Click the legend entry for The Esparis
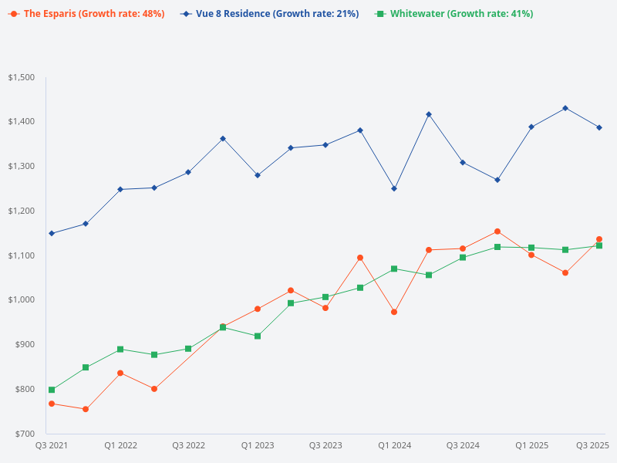tap(87, 14)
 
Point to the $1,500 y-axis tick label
tap(21, 77)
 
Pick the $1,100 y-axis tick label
tap(21, 255)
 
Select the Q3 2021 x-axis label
tap(52, 445)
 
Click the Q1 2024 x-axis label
tap(394, 445)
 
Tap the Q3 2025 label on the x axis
tap(593, 445)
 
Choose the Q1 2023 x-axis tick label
tap(258, 445)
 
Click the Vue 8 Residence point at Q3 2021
tap(52, 233)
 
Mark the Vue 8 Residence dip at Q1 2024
tap(394, 188)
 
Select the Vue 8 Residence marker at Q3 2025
tap(599, 127)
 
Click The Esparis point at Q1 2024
tap(394, 312)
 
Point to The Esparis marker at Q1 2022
tap(120, 373)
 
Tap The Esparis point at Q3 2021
tap(52, 404)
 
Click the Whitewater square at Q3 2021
tap(52, 390)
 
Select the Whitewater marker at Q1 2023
tap(258, 336)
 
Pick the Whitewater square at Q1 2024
tap(394, 269)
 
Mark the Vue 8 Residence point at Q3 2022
tap(188, 172)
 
